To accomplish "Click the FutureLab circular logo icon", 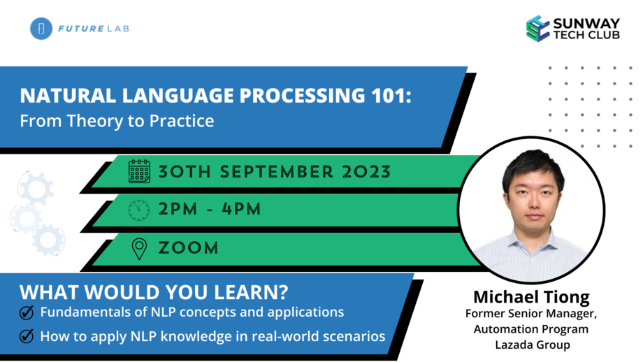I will click(x=41, y=29).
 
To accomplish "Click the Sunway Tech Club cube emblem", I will click(x=537, y=29).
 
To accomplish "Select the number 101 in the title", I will click(x=392, y=96).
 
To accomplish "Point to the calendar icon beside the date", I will click(x=139, y=171).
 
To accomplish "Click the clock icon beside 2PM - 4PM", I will click(x=139, y=210).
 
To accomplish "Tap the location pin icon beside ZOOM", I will click(x=139, y=248).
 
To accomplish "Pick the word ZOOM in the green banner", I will click(x=188, y=248).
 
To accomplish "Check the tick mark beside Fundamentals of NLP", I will click(x=27, y=312).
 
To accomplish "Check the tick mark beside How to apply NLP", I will click(x=27, y=336).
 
